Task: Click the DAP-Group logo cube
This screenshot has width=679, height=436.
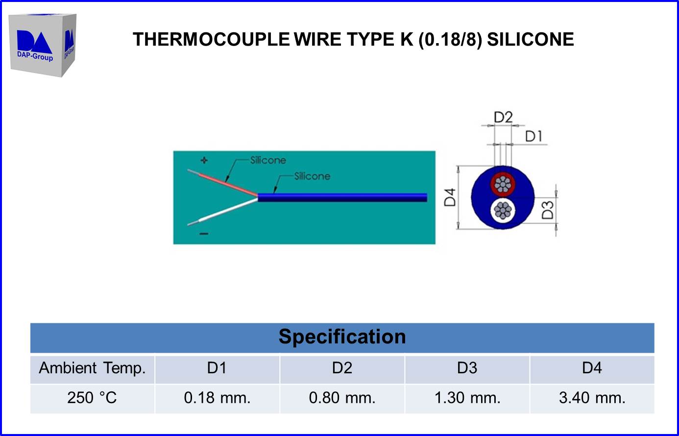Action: tap(43, 45)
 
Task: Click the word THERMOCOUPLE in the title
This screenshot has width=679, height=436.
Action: tap(211, 39)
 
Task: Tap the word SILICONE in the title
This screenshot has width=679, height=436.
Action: tap(531, 39)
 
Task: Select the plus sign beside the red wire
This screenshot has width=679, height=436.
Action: tap(204, 160)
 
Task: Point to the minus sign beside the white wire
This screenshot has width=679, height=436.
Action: tap(204, 234)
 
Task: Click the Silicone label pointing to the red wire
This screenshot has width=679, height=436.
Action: tap(268, 160)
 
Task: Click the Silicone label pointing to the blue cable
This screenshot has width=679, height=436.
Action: tap(312, 176)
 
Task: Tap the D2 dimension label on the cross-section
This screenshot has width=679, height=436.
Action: tap(503, 117)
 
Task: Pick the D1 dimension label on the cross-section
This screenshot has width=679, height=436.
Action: tap(533, 137)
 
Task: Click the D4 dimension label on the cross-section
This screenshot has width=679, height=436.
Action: tap(450, 197)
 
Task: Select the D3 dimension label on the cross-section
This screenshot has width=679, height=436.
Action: tap(547, 210)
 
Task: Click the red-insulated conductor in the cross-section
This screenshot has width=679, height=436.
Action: tap(503, 184)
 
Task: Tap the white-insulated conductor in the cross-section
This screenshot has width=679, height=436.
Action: tap(503, 211)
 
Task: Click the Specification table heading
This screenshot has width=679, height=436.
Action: tap(342, 337)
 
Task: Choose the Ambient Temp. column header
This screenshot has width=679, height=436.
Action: tap(92, 368)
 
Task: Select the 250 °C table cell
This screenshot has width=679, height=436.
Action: tap(92, 398)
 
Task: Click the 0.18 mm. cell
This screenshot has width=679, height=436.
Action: tap(217, 398)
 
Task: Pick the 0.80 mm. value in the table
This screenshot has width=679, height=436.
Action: tap(342, 398)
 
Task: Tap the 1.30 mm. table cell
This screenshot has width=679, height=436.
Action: tap(467, 398)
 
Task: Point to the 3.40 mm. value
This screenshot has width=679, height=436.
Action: tap(592, 398)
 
